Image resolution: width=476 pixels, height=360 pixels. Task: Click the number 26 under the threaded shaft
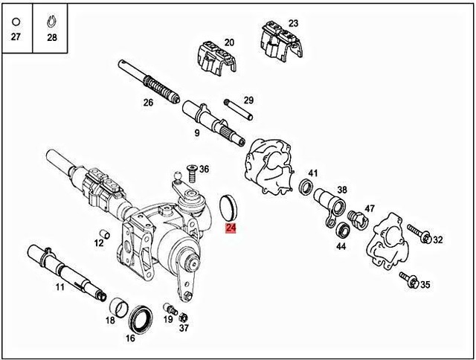tap(148, 103)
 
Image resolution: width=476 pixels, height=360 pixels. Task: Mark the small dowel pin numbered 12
tap(106, 236)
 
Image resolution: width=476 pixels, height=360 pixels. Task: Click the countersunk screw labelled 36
tap(190, 174)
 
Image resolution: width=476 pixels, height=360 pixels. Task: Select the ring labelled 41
tap(305, 186)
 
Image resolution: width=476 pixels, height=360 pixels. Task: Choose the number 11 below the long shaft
tap(59, 286)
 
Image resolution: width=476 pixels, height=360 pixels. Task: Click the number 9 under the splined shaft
tap(196, 133)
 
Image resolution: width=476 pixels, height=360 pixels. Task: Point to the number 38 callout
tap(342, 190)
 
